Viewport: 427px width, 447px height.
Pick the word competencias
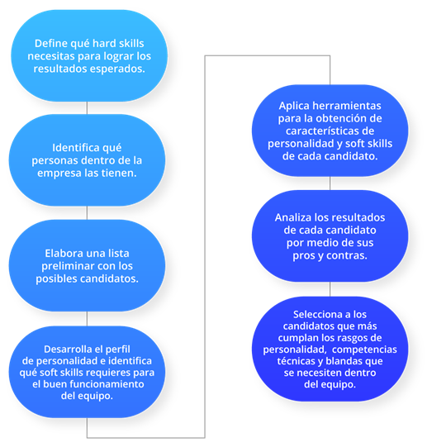(364, 350)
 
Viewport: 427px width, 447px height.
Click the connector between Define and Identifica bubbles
(87, 108)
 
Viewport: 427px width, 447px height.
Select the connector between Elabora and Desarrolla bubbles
(87, 319)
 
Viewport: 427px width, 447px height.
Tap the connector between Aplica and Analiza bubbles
(330, 183)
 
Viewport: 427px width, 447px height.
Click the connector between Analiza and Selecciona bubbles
(330, 289)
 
